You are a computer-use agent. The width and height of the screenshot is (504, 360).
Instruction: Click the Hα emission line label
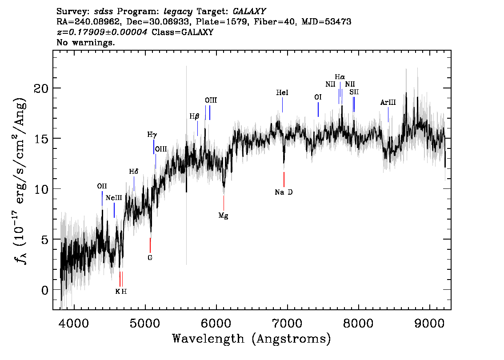(340, 77)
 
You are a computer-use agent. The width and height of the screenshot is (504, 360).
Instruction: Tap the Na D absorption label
(284, 192)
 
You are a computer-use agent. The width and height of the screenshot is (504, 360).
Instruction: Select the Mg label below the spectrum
(224, 216)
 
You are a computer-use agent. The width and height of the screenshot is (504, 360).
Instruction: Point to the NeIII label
(114, 198)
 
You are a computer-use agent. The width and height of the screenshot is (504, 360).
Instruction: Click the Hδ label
(134, 172)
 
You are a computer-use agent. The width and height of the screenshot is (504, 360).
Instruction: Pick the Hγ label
(152, 135)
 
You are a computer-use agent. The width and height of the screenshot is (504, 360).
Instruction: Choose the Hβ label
(194, 116)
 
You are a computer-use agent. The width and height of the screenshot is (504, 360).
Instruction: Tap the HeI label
(282, 92)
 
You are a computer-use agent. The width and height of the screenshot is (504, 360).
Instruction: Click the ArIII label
(388, 103)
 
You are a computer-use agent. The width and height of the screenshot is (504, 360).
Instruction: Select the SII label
(354, 92)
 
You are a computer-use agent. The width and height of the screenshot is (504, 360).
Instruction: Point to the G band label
(150, 258)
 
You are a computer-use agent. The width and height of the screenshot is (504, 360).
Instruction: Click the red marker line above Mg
(224, 203)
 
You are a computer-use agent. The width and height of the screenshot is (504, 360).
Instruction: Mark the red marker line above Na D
(284, 180)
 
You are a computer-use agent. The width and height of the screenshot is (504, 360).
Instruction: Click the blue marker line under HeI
(282, 105)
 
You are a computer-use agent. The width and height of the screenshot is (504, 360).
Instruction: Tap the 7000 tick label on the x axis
(287, 324)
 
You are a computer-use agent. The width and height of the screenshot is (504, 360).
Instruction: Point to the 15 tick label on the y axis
(41, 139)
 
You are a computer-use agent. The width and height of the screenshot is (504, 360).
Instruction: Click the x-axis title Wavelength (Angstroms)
(252, 339)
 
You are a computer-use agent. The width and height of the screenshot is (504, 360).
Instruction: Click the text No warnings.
(85, 42)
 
